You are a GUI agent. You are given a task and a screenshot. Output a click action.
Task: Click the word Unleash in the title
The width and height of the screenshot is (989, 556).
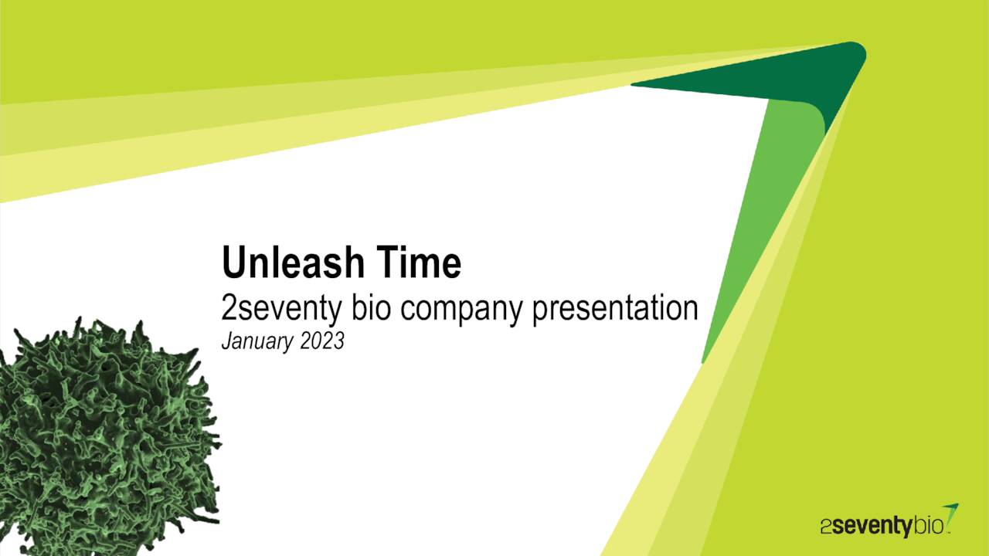click(283, 263)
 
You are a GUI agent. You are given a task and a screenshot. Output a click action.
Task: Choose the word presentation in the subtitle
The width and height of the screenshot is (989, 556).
click(615, 309)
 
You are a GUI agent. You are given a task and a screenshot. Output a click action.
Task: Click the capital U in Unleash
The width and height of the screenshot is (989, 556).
click(233, 263)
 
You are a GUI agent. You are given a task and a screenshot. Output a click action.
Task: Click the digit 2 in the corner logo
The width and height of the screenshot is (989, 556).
click(826, 528)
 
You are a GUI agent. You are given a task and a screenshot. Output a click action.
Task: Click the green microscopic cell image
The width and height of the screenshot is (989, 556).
click(100, 432)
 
